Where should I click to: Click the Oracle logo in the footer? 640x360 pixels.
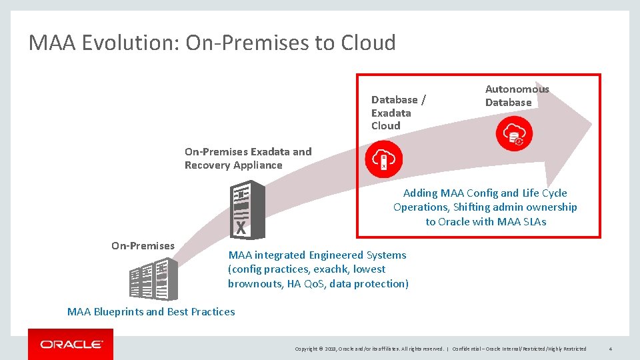click(71, 344)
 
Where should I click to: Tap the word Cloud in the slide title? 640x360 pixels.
click(368, 43)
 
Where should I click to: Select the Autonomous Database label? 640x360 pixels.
click(517, 95)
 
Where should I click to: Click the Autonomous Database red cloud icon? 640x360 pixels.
click(514, 135)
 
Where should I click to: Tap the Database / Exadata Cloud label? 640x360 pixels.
click(398, 112)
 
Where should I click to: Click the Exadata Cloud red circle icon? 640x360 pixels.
click(384, 159)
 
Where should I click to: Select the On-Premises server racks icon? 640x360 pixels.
click(153, 279)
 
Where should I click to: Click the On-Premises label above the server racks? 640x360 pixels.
click(143, 245)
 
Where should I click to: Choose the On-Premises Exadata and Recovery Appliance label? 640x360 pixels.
click(247, 158)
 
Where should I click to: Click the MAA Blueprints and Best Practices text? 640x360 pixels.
click(151, 311)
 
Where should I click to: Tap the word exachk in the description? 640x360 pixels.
click(330, 269)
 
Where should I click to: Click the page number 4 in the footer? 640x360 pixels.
click(611, 349)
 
